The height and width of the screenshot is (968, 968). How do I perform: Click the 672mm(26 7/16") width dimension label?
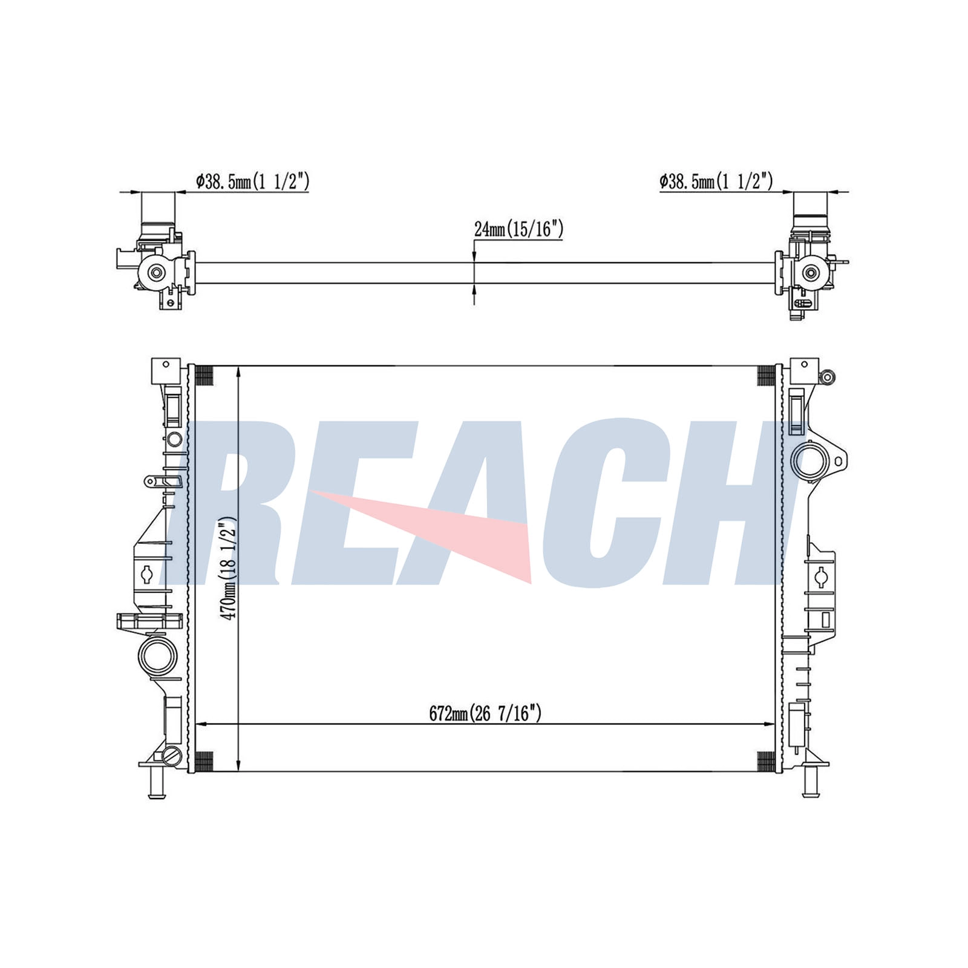click(x=485, y=714)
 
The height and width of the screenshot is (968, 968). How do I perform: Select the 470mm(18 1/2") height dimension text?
click(x=229, y=569)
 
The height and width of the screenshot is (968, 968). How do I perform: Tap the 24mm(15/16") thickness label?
click(x=519, y=229)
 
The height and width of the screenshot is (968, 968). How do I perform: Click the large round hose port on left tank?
click(x=157, y=656)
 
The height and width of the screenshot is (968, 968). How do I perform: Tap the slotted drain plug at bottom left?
click(x=172, y=756)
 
